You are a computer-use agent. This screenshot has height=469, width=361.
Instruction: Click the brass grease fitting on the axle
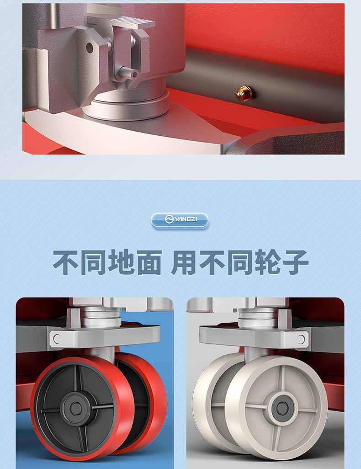244,93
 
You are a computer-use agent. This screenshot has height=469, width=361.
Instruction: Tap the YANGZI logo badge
180,220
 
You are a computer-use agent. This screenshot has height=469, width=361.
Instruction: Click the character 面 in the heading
149,262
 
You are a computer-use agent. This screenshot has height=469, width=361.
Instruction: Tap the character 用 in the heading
184,262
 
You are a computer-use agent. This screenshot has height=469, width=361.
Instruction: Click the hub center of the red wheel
76,409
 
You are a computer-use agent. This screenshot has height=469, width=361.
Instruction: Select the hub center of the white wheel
281,408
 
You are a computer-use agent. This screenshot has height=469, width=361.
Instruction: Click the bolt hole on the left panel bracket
57,339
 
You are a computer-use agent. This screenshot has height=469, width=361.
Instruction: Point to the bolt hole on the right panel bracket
301,339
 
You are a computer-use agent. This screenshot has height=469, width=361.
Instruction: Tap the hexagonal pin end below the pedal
130,73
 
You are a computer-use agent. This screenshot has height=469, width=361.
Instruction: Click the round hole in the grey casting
90,48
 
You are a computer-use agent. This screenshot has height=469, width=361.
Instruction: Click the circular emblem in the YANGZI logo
169,220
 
